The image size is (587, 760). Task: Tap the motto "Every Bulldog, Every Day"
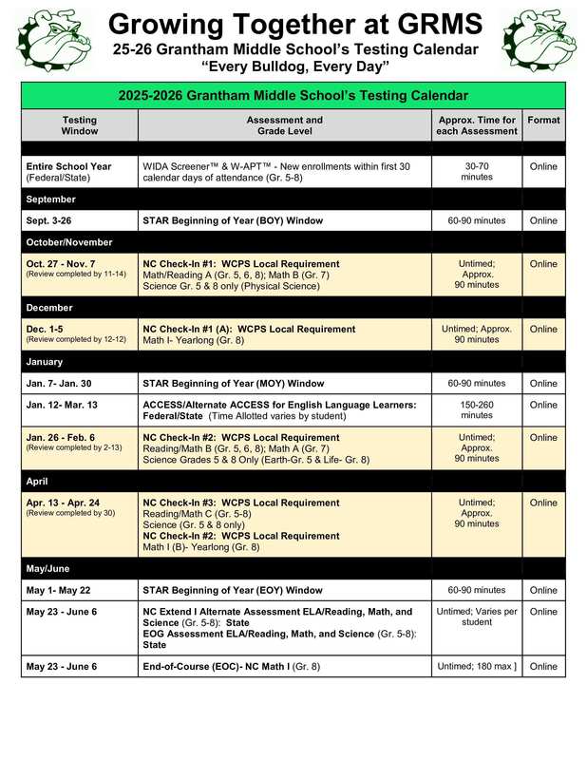click(x=294, y=66)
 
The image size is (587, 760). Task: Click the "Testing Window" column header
click(x=79, y=126)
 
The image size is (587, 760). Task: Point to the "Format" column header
click(x=543, y=121)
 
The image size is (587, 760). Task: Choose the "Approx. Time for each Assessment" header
click(x=476, y=126)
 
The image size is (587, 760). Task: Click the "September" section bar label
click(x=51, y=199)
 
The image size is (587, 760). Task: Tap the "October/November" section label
click(x=69, y=242)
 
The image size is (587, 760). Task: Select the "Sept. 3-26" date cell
click(x=55, y=220)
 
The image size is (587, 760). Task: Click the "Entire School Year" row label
click(x=68, y=166)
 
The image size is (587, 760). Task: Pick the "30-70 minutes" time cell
click(x=476, y=172)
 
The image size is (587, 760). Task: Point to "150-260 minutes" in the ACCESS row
click(x=476, y=410)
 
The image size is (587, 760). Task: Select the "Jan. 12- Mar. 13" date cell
click(x=68, y=405)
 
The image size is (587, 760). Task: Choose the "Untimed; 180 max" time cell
click(x=476, y=667)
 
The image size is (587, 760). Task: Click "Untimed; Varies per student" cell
click(x=476, y=617)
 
